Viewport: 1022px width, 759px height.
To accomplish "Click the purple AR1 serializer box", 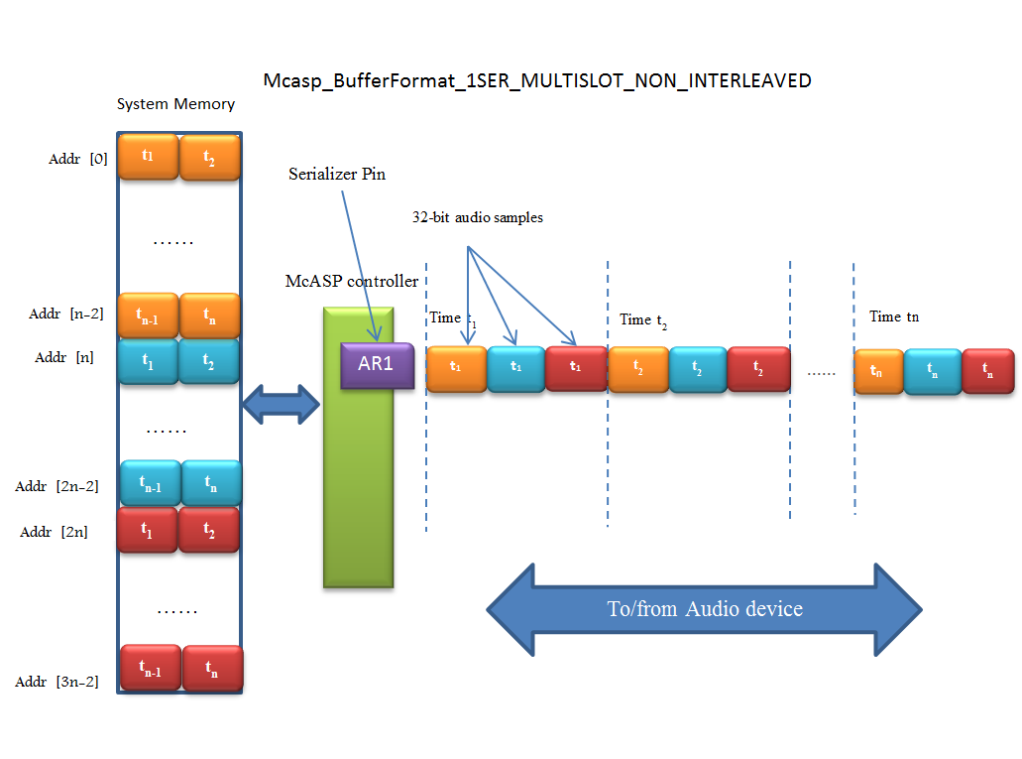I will [x=376, y=364].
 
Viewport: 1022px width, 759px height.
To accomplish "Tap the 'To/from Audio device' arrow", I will [x=705, y=609].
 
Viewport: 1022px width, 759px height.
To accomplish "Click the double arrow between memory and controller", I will [x=282, y=403].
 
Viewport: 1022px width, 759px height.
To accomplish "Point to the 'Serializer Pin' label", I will [x=337, y=175].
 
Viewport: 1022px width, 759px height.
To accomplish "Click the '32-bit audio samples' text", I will [x=477, y=217].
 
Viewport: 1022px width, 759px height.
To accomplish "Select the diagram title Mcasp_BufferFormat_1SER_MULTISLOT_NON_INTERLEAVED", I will [x=537, y=80].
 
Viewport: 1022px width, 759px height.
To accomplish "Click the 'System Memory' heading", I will [x=175, y=104].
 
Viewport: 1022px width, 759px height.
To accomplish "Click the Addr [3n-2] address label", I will [x=57, y=682].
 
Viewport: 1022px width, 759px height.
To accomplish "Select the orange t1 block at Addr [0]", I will [x=148, y=156].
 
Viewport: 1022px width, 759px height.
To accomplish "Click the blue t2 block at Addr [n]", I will [x=209, y=362].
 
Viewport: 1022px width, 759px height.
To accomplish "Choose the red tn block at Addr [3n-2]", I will [x=212, y=669].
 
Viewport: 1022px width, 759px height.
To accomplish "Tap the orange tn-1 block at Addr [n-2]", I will [x=148, y=316].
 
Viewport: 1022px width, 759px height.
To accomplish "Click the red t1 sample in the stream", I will [x=576, y=366].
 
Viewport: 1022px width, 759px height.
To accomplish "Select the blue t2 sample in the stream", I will [x=698, y=369].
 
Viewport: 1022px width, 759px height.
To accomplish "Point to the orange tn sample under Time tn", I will [x=878, y=371].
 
